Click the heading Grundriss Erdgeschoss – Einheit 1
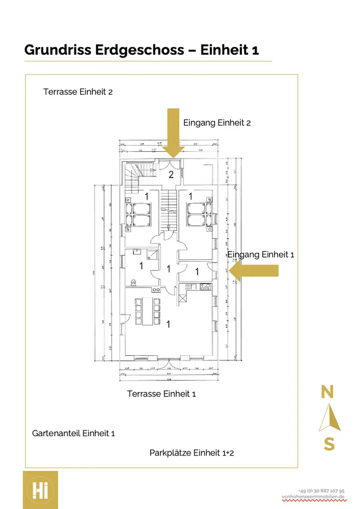pos(142,50)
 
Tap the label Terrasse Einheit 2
pos(78,92)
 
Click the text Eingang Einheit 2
pos(217,123)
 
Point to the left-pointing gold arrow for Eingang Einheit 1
pos(253,270)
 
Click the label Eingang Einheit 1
pos(261,254)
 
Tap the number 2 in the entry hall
pos(172,175)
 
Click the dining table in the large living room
pos(148,311)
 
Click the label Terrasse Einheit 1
pos(161,394)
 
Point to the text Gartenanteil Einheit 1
pos(73,434)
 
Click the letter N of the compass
pos(327,392)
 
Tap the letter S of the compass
pos(329,444)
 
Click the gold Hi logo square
pos(40,490)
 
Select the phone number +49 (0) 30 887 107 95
pos(321,490)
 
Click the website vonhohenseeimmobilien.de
pos(313,497)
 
